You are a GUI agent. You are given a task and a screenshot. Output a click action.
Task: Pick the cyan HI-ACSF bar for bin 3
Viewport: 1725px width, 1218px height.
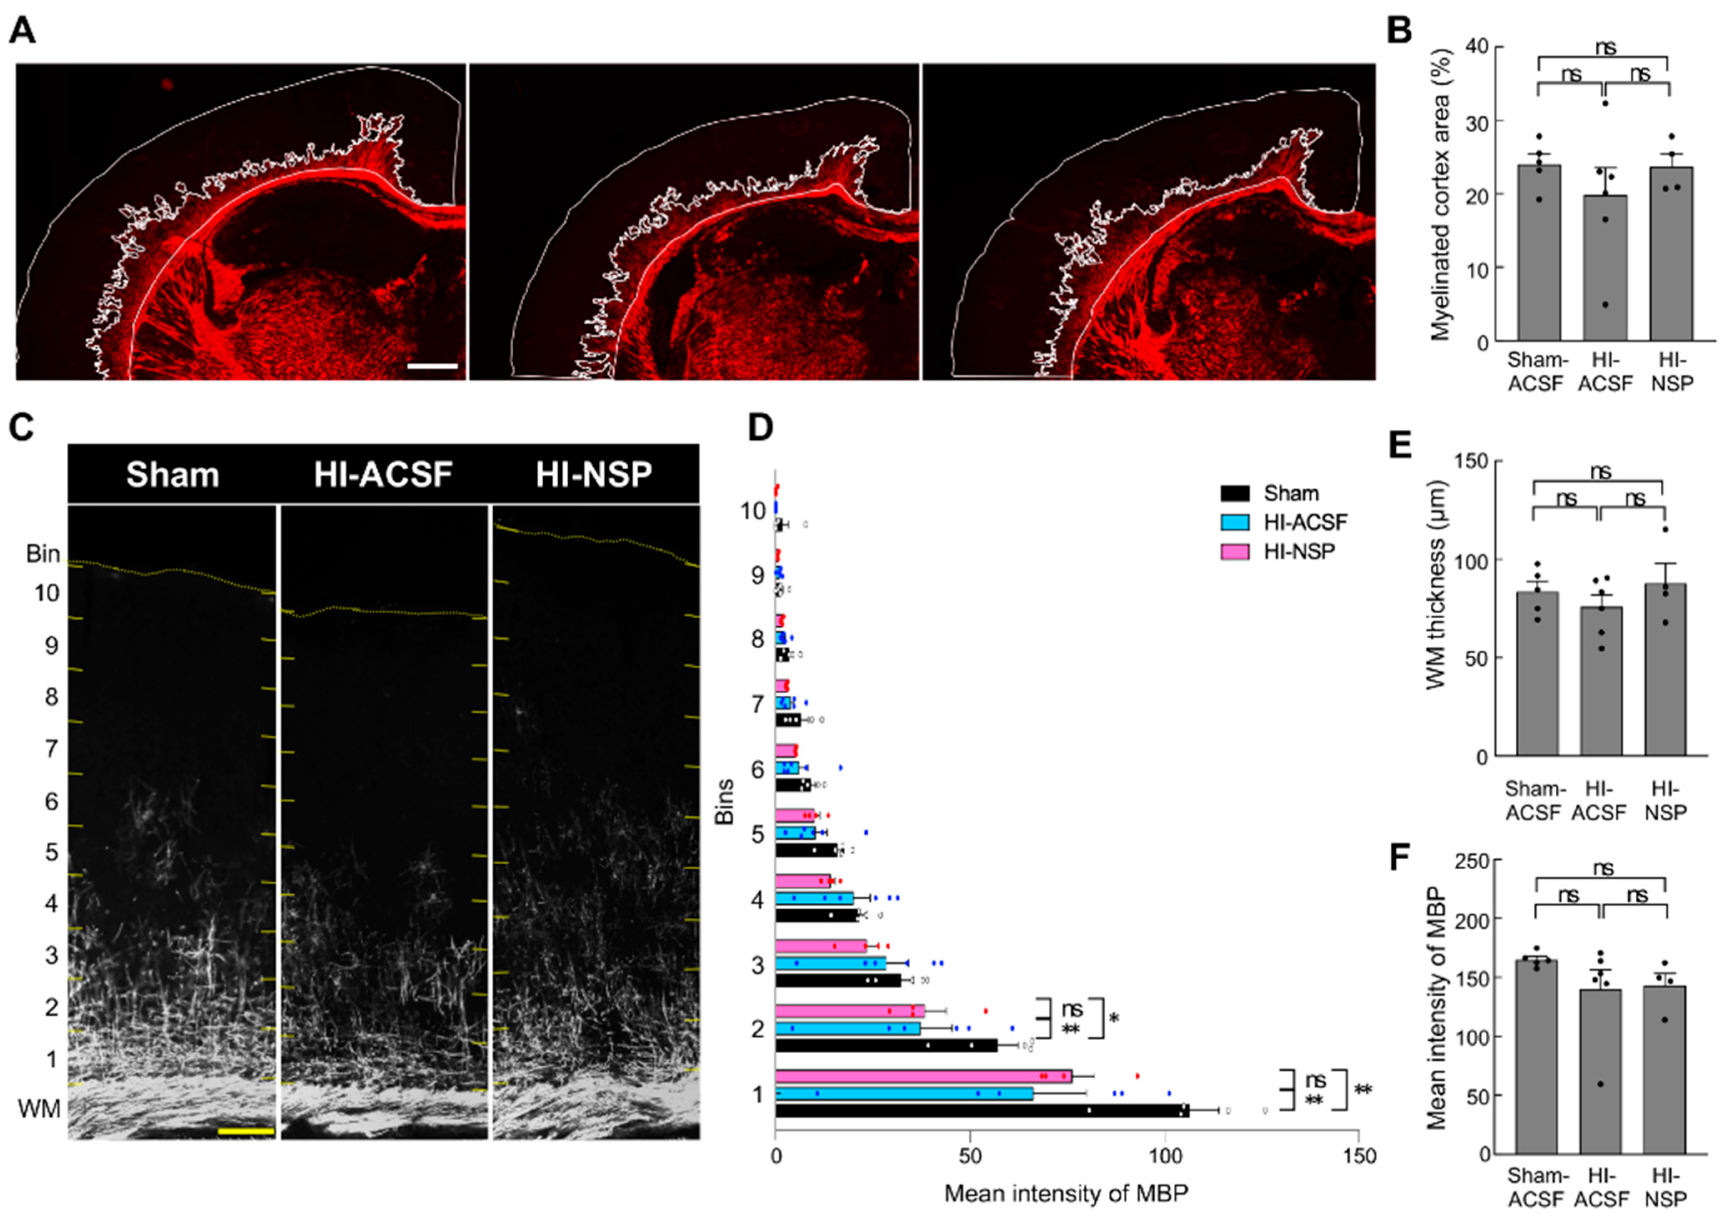click(830, 963)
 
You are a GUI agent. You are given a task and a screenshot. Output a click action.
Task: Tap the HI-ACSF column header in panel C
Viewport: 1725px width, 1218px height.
click(383, 475)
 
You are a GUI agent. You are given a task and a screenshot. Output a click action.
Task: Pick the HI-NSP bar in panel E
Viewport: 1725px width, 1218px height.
click(1665, 669)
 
